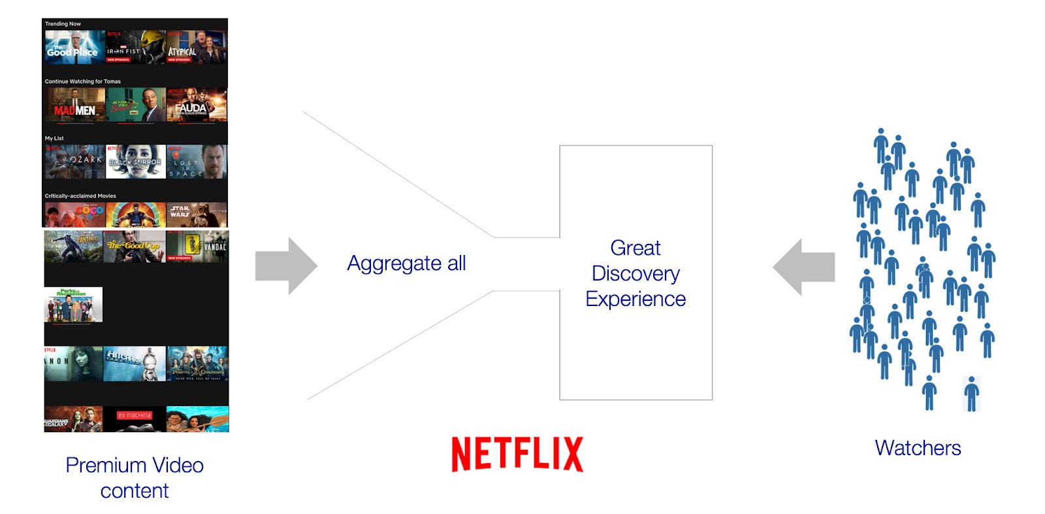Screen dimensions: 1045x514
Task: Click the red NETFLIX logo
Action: pos(517,454)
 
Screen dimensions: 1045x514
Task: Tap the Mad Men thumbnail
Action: pos(74,105)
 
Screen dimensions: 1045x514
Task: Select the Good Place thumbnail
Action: pos(74,47)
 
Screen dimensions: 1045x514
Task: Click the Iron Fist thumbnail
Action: pos(136,47)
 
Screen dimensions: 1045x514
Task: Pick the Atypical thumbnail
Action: pos(197,47)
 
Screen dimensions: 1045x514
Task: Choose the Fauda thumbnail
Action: pos(197,105)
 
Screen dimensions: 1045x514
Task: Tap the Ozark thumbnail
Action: pos(74,162)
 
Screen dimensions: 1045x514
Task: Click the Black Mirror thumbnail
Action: pos(136,162)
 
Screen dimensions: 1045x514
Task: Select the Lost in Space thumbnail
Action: pos(197,162)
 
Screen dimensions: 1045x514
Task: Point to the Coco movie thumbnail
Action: pos(74,214)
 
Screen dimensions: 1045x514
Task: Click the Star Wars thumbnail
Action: pos(197,214)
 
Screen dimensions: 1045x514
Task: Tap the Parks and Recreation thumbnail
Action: pos(73,305)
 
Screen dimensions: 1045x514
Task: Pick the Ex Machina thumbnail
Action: pos(135,419)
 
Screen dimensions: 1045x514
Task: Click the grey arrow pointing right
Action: pos(285,266)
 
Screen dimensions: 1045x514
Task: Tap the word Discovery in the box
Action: pos(635,273)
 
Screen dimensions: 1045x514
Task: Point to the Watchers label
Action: pos(918,448)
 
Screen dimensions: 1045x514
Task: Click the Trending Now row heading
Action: pos(63,24)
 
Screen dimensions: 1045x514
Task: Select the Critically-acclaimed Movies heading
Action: pos(80,196)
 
